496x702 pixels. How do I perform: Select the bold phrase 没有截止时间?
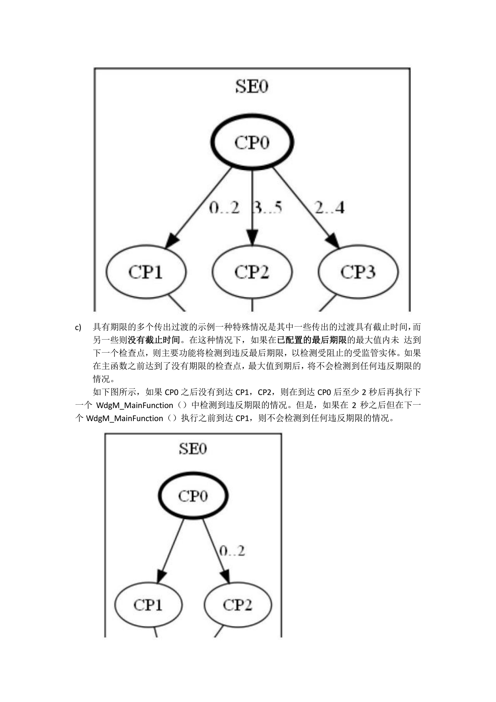click(x=154, y=340)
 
